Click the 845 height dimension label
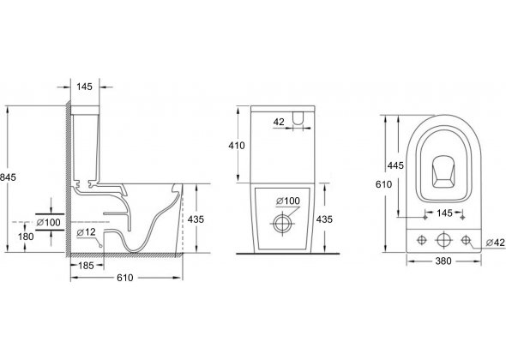[x=8, y=177]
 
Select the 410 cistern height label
[x=237, y=146]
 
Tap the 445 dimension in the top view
[x=395, y=165]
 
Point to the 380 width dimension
[x=443, y=261]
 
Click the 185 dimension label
[x=86, y=266]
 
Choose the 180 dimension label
[x=26, y=237]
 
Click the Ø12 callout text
[x=86, y=232]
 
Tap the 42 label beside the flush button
[x=279, y=122]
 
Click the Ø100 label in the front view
[x=288, y=201]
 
